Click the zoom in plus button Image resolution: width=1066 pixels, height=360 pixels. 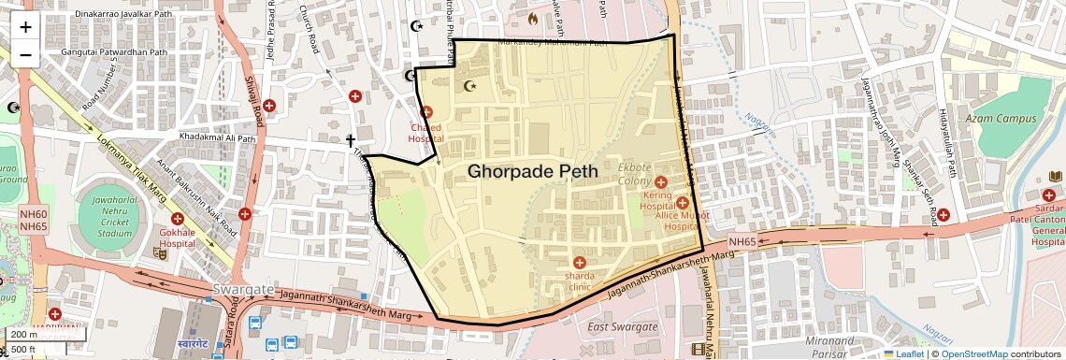[25, 26]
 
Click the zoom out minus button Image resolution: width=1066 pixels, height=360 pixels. [25, 54]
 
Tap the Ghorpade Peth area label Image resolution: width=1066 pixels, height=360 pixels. [532, 171]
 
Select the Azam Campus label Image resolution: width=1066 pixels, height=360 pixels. [1002, 119]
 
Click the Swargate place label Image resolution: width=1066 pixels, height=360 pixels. [243, 289]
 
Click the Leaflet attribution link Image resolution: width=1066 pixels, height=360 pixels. [903, 353]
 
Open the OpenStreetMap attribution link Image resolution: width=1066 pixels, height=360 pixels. [973, 353]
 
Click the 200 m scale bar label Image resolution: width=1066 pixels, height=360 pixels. [25, 334]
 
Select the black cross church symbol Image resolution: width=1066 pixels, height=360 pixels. [352, 141]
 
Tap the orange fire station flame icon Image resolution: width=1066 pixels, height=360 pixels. [533, 17]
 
